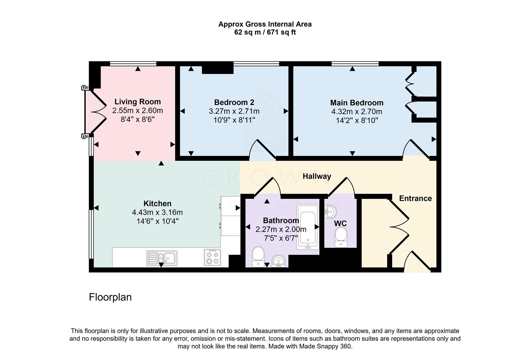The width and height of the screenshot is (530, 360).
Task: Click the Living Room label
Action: tap(138, 102)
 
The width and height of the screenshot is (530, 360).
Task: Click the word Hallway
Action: tap(317, 176)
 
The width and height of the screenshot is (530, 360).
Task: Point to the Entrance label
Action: tap(415, 198)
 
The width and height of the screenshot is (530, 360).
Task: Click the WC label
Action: tap(340, 223)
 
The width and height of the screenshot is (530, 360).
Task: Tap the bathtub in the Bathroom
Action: tap(307, 227)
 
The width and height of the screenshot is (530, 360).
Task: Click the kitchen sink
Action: tap(162, 258)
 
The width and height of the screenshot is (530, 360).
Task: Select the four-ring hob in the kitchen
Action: tap(212, 257)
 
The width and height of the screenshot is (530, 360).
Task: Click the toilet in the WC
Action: tap(340, 237)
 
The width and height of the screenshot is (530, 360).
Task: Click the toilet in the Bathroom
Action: tap(258, 257)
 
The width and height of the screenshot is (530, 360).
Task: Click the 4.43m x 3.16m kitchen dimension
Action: tap(157, 212)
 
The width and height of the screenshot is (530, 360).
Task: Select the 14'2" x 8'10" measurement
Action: tap(356, 120)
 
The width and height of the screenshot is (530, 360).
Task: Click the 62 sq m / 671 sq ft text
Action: tap(265, 32)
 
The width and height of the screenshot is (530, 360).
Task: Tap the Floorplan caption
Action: tap(110, 297)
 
